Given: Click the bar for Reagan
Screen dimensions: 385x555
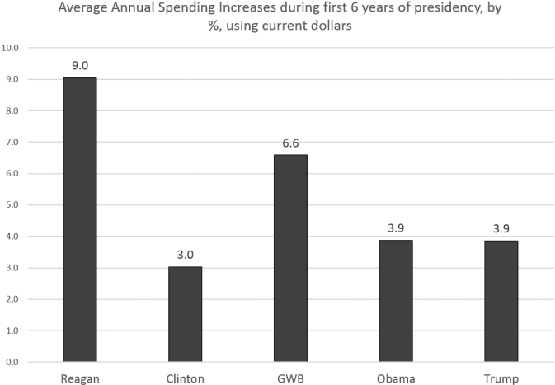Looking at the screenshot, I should (x=80, y=219).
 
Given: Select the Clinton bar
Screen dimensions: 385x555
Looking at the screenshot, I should (x=186, y=314).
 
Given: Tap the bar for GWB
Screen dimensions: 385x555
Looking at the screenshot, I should (x=291, y=258).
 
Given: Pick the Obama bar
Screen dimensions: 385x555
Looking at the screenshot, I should (x=397, y=300).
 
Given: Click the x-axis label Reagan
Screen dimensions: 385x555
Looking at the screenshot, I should (x=80, y=378).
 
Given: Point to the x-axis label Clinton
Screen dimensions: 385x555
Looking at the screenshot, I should (x=186, y=378).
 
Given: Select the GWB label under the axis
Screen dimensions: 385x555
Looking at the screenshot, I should (x=291, y=378).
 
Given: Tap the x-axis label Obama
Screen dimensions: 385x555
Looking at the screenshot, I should (x=397, y=378).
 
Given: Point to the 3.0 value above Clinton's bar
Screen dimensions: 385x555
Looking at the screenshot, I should (x=186, y=255).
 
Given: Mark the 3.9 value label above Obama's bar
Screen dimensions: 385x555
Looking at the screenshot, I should (x=397, y=228).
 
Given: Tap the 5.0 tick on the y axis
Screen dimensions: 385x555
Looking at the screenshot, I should (x=12, y=205).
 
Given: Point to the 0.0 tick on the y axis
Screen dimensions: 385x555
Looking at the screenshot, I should (x=12, y=362).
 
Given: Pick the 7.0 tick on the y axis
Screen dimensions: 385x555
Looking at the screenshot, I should (x=12, y=143).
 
